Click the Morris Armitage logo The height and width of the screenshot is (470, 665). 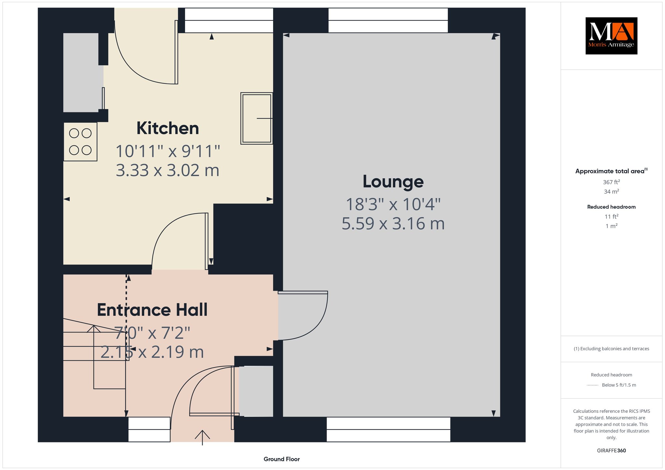pyautogui.click(x=611, y=36)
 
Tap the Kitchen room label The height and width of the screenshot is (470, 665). pyautogui.click(x=168, y=128)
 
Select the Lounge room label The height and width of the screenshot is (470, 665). pyautogui.click(x=393, y=181)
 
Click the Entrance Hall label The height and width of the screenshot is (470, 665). pyautogui.click(x=152, y=310)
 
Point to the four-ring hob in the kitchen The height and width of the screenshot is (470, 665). pyautogui.click(x=80, y=142)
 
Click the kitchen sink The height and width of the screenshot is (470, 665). pyautogui.click(x=257, y=118)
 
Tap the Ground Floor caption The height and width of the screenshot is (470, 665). pyautogui.click(x=282, y=459)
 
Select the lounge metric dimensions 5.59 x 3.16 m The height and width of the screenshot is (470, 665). pyautogui.click(x=393, y=224)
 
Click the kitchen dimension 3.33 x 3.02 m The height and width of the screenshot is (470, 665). pyautogui.click(x=168, y=170)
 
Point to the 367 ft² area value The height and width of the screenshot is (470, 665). pyautogui.click(x=611, y=182)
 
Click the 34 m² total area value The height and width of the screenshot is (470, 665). pyautogui.click(x=611, y=192)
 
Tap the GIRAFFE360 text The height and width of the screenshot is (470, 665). pyautogui.click(x=611, y=451)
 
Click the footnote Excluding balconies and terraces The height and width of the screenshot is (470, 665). pyautogui.click(x=611, y=349)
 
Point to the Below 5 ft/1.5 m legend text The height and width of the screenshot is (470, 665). pyautogui.click(x=619, y=385)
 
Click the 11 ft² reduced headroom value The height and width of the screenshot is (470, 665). pyautogui.click(x=611, y=216)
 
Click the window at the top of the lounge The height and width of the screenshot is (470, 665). pyautogui.click(x=388, y=20)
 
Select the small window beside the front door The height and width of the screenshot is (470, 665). pyautogui.click(x=149, y=429)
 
